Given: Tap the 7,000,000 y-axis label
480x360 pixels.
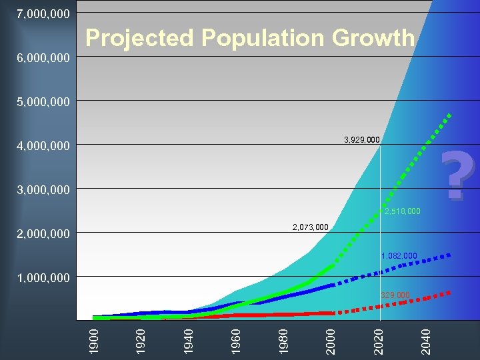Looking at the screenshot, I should click(43, 13).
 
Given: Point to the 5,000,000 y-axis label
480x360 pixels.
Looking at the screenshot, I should click(43, 101).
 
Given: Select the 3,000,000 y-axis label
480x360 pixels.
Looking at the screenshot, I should click(43, 189).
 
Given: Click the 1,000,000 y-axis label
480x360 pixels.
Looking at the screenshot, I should click(43, 277).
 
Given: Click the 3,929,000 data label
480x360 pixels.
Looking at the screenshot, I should click(362, 140).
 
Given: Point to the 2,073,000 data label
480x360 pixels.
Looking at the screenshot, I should click(311, 227).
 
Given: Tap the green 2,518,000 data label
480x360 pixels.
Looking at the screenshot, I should click(403, 211).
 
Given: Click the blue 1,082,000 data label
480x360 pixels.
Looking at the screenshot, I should click(399, 255).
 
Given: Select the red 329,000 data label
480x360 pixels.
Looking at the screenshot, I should click(395, 295).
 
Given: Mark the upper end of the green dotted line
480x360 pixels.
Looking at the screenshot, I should click(450, 115).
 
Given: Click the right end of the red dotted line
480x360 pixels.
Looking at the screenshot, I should click(450, 292).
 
